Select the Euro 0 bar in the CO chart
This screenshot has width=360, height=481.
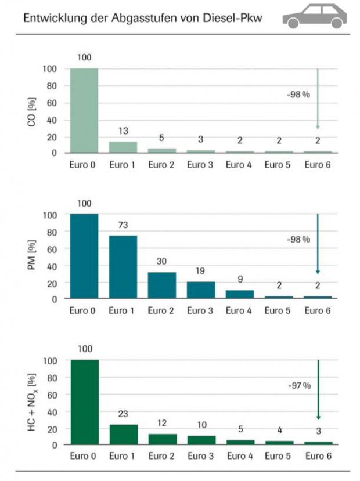pos(84,110)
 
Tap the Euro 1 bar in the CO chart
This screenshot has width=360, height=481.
pos(123,147)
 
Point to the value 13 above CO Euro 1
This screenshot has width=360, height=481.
pos(123,131)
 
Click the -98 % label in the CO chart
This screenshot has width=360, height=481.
pos(298,95)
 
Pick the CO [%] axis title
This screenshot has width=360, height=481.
pos(33,111)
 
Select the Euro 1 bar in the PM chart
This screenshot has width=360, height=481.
pos(123,267)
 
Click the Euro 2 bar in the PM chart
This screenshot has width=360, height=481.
pos(162,285)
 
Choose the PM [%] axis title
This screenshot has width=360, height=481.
pos(33,257)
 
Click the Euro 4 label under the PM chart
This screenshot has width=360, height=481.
pos(240,311)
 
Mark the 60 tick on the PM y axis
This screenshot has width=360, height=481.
pos(51,249)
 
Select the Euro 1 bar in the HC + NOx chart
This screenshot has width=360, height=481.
pos(123,435)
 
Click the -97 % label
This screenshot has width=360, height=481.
pos(299,386)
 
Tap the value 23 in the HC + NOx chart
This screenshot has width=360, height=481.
pos(123,414)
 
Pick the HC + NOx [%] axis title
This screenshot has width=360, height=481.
pos(33,403)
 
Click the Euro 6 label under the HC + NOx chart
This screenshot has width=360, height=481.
pos(318,457)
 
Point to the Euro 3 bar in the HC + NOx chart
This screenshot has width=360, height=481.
pos(201,440)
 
